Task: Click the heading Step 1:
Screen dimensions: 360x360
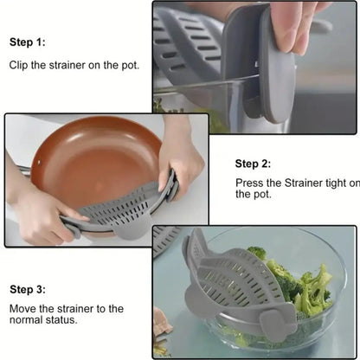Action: [28, 42]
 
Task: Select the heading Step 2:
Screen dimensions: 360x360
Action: [254, 163]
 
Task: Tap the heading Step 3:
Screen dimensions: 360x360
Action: [28, 289]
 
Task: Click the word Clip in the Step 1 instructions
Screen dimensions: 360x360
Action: [19, 65]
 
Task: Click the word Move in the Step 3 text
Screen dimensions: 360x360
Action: [23, 309]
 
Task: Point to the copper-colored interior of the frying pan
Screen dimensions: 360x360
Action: [95, 164]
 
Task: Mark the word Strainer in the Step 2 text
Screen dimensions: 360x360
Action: [299, 183]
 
